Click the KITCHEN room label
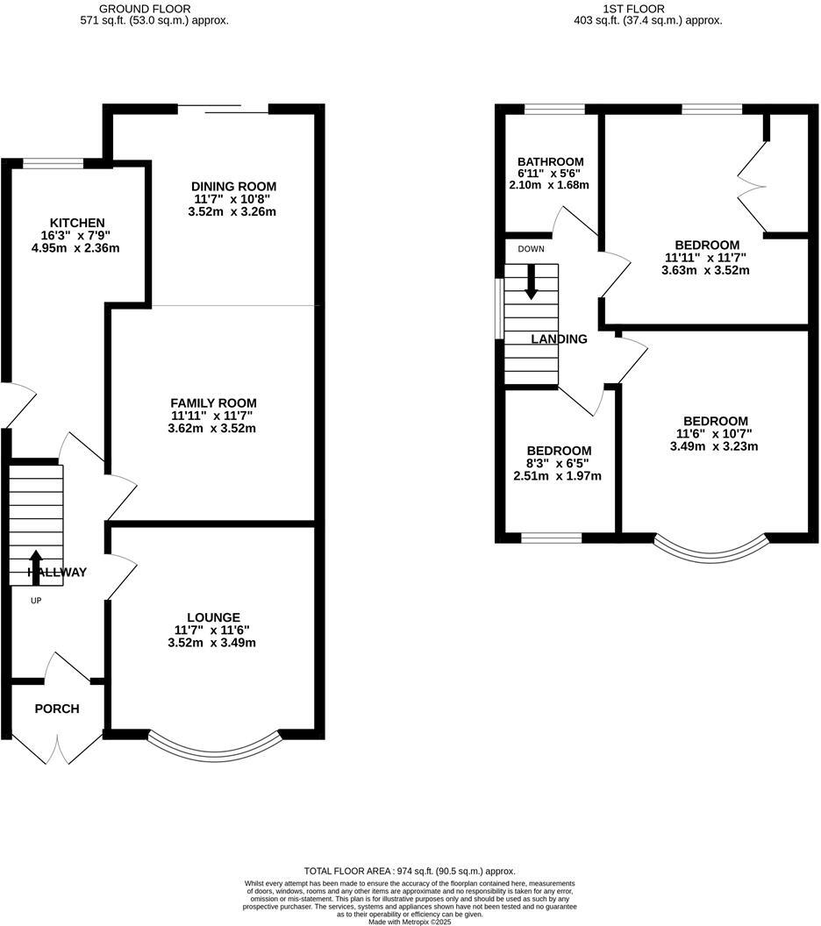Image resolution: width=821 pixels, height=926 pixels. [x=77, y=223]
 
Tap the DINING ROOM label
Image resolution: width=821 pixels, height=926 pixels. [x=233, y=186]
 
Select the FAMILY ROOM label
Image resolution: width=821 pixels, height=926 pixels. [x=213, y=402]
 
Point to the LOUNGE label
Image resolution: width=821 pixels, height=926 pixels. [x=213, y=617]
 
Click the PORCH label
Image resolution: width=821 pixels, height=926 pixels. [x=57, y=709]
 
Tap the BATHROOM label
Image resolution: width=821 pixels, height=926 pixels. [x=550, y=161]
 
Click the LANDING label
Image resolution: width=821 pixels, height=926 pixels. [x=559, y=338]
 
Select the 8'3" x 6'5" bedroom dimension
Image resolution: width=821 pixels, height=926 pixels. [x=557, y=463]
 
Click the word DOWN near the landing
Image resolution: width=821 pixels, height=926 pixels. [x=531, y=249]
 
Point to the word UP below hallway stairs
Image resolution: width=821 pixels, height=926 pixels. [x=36, y=601]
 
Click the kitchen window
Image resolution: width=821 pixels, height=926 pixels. [x=53, y=162]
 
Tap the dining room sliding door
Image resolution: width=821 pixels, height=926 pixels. [x=224, y=110]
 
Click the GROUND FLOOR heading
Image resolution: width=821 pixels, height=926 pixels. [x=153, y=9]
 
